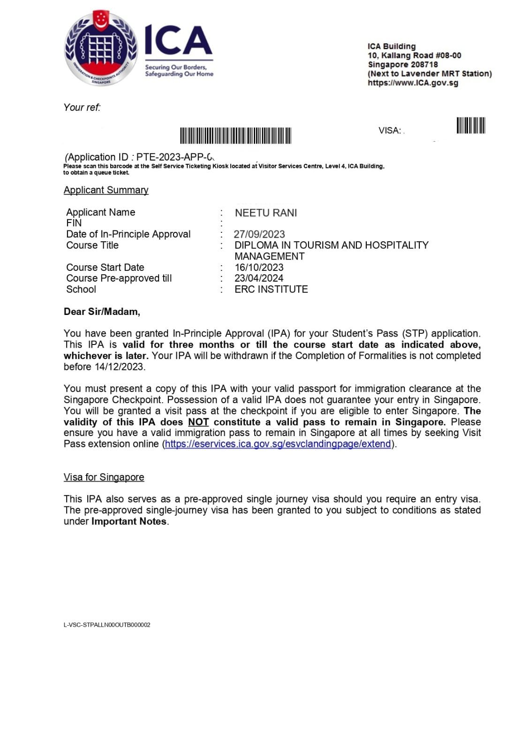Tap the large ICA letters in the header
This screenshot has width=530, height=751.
point(178,41)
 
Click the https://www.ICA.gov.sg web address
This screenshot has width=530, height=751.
point(413,83)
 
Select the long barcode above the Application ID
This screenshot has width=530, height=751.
point(235,136)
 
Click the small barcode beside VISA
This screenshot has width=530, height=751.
point(470,126)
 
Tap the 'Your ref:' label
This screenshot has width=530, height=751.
point(82,107)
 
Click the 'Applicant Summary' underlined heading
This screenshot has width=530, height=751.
point(106,190)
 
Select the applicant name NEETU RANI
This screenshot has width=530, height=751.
point(265,213)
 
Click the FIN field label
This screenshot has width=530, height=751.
point(74,223)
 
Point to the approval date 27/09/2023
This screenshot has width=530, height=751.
point(259,234)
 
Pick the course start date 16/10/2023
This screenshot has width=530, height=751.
point(259,268)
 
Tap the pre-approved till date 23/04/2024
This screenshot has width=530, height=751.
point(259,278)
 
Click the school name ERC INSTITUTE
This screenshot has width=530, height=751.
point(271,290)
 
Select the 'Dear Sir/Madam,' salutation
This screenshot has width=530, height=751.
point(102,312)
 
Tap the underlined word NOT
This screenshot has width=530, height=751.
point(198,422)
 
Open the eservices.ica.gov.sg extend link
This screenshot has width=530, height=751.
point(278,444)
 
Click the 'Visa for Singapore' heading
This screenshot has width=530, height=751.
point(104,477)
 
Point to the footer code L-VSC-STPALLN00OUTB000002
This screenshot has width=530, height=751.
point(107,625)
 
